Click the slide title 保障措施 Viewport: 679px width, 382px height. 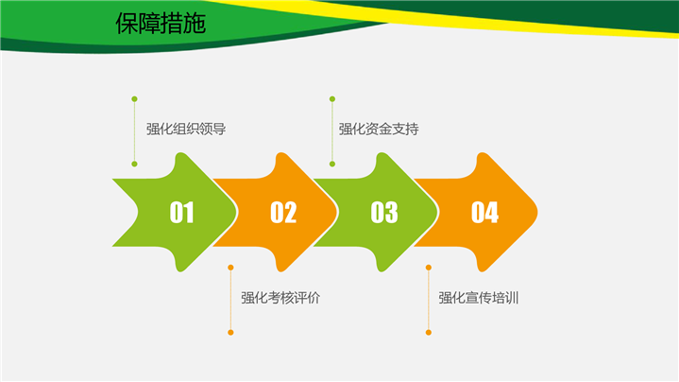pyautogui.click(x=161, y=23)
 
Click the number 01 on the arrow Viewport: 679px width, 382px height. pyautogui.click(x=181, y=213)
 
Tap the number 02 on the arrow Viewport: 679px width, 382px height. pyautogui.click(x=283, y=213)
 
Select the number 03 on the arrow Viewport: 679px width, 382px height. pyautogui.click(x=384, y=213)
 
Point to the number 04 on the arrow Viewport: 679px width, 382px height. pyautogui.click(x=484, y=213)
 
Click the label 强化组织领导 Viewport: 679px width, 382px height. pyautogui.click(x=186, y=130)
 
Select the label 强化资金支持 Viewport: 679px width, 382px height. pyautogui.click(x=379, y=130)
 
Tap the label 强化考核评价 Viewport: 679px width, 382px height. pyautogui.click(x=280, y=298)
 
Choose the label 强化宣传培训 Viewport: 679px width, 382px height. pyautogui.click(x=479, y=298)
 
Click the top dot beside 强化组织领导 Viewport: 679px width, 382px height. pyautogui.click(x=134, y=99)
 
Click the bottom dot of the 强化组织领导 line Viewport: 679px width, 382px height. pyautogui.click(x=134, y=164)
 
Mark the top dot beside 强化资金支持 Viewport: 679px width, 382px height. pyautogui.click(x=332, y=99)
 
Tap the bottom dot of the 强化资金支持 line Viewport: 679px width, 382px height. pyautogui.click(x=332, y=164)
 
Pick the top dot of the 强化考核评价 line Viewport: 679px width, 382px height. pyautogui.click(x=230, y=268)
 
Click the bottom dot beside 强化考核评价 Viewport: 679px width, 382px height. pyautogui.click(x=230, y=333)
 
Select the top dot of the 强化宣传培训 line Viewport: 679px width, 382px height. pyautogui.click(x=429, y=268)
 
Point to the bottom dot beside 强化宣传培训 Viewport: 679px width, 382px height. pyautogui.click(x=429, y=333)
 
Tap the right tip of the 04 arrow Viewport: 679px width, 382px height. pyautogui.click(x=537, y=212)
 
